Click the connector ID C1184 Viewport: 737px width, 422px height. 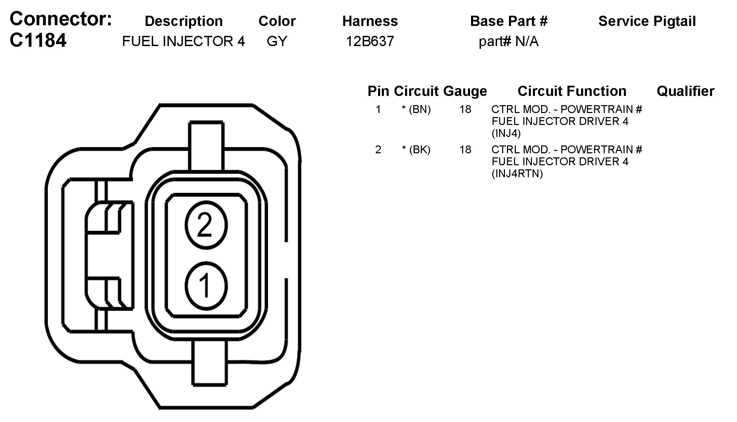pyautogui.click(x=38, y=41)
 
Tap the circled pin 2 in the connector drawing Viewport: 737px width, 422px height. pyautogui.click(x=206, y=225)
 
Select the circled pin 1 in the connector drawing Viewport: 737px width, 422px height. pyautogui.click(x=206, y=286)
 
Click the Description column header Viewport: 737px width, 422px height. pyautogui.click(x=184, y=21)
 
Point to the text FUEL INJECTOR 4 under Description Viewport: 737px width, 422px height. pyautogui.click(x=184, y=41)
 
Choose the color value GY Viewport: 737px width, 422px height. pyautogui.click(x=277, y=41)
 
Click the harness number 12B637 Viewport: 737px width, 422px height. pyautogui.click(x=370, y=41)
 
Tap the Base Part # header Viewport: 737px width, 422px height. pyautogui.click(x=509, y=21)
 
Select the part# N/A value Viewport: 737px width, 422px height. pyautogui.click(x=509, y=42)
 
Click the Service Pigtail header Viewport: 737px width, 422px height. pyautogui.click(x=647, y=21)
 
